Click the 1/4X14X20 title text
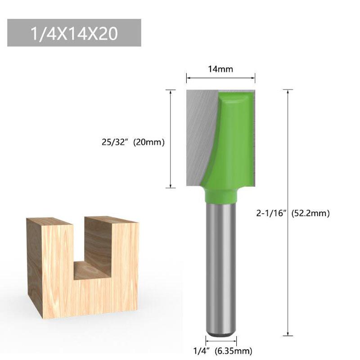tap(74, 34)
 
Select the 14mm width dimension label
tap(220, 69)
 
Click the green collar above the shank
tap(221, 196)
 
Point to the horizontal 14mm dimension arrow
tap(220, 78)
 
